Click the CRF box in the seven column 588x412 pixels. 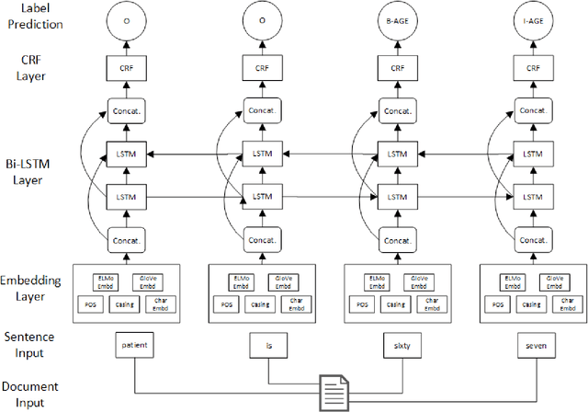(x=532, y=67)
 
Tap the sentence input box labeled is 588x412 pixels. (x=269, y=345)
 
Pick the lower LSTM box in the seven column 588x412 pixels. (x=532, y=196)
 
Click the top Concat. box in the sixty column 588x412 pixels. (x=396, y=110)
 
